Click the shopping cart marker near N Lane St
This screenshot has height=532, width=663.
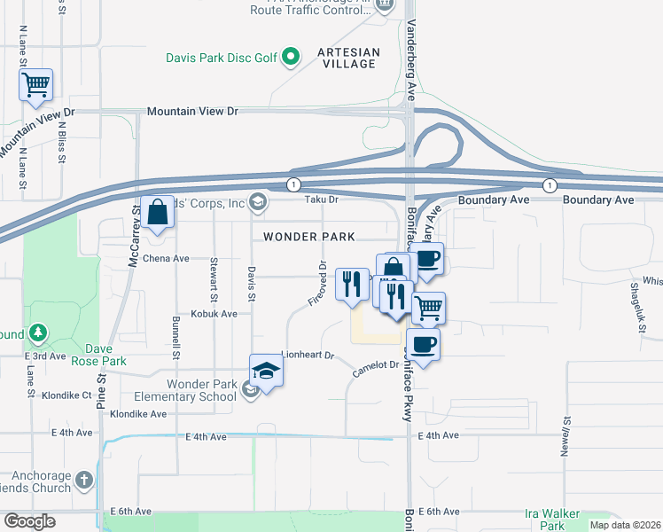(x=36, y=86)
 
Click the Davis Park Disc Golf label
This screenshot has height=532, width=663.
(x=221, y=59)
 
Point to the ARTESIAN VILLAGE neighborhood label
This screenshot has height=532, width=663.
(x=348, y=59)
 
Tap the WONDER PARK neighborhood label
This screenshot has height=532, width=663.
(x=309, y=237)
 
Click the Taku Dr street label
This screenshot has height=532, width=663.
(x=323, y=200)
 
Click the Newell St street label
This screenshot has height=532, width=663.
(x=564, y=434)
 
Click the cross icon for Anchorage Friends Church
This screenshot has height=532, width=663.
(x=84, y=480)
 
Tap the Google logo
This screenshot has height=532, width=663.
(x=29, y=521)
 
